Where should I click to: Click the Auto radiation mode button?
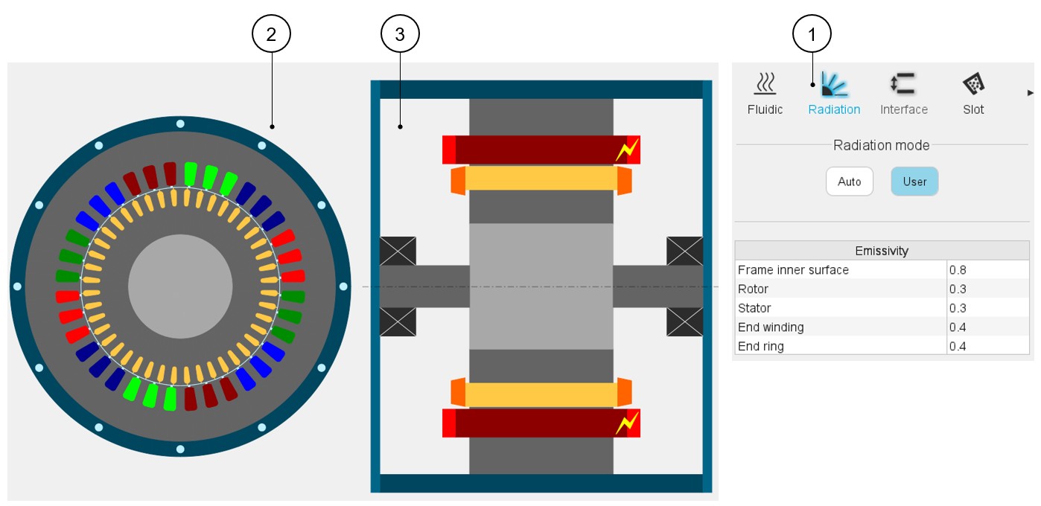849,182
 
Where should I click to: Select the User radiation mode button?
914,182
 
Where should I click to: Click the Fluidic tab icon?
765,86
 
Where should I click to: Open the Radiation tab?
834,94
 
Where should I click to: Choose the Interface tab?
903,94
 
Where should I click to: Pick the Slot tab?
972,94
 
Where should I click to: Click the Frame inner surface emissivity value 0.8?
987,270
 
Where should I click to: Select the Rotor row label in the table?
753,289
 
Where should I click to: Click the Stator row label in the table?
754,308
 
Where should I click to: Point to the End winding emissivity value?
987,327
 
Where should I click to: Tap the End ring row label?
760,347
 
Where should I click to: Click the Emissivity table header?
882,251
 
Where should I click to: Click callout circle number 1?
812,33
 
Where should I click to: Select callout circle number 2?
271,33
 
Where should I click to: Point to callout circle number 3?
400,33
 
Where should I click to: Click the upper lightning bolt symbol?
626,150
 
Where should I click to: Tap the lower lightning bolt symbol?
626,423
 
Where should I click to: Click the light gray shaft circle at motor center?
179,286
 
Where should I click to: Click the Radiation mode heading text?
881,145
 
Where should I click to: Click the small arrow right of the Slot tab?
1031,93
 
